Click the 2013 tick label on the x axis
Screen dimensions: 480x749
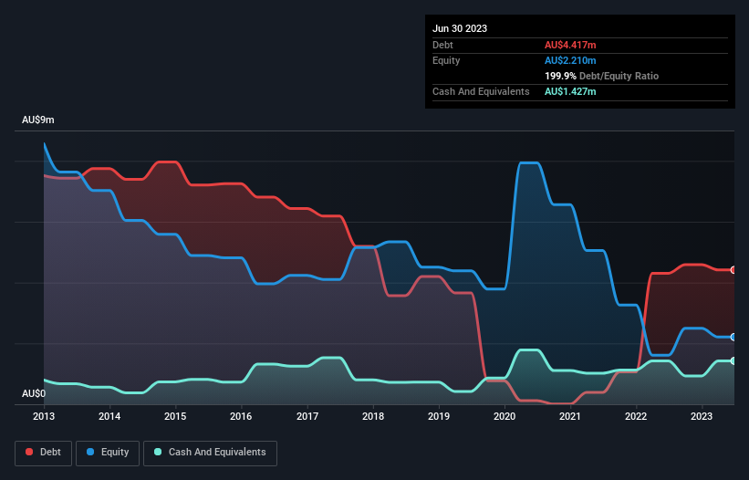click(x=44, y=416)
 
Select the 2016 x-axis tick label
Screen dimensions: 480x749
click(x=241, y=416)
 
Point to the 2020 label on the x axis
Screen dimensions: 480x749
click(x=505, y=416)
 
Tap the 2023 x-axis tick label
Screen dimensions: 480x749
click(x=702, y=416)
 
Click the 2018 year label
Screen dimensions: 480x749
click(x=372, y=416)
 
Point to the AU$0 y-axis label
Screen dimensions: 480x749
click(x=34, y=393)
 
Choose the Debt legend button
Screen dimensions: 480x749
click(x=42, y=453)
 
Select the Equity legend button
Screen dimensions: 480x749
click(x=108, y=453)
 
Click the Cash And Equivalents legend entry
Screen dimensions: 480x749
click(x=210, y=453)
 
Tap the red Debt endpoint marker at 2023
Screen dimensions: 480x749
click(x=733, y=269)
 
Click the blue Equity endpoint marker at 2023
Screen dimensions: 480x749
click(x=733, y=337)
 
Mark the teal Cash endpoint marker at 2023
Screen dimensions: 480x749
click(x=733, y=360)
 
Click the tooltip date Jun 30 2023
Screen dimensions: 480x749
click(x=460, y=28)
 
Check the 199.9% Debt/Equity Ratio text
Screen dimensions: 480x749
click(x=601, y=76)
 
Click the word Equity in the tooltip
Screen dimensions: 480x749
click(x=446, y=60)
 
